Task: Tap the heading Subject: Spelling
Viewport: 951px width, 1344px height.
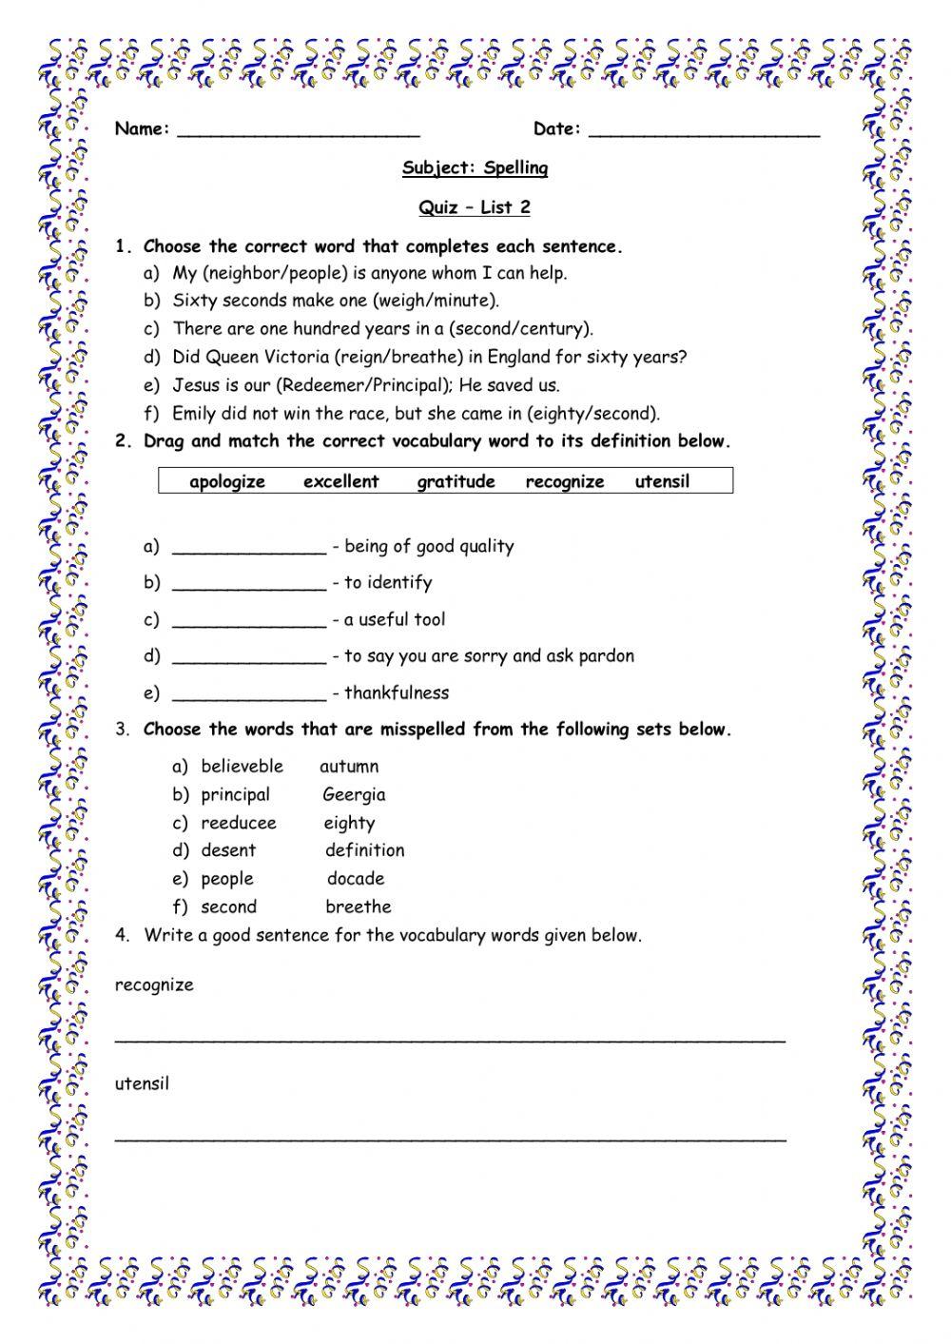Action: (475, 168)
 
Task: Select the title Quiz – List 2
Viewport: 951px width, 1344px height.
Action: (475, 207)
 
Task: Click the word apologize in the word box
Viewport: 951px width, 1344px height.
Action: (227, 481)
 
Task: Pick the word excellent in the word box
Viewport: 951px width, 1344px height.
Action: (340, 481)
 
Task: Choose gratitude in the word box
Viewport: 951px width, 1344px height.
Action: (456, 481)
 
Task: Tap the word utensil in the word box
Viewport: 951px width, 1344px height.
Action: (662, 481)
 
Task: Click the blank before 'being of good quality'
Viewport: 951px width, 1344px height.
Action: (249, 550)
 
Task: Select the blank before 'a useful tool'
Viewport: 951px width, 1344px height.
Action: (249, 623)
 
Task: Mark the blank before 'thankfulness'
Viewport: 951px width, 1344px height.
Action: (249, 696)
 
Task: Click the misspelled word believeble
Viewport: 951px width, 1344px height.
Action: (242, 766)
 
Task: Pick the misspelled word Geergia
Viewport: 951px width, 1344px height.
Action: (354, 794)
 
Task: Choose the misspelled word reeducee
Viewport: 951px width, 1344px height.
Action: (238, 823)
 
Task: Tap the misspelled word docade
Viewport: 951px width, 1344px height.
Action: (356, 878)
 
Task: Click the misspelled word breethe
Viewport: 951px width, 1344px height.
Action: (358, 906)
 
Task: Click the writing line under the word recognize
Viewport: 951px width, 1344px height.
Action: (450, 1039)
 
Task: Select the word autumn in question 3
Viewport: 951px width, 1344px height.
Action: (349, 766)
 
